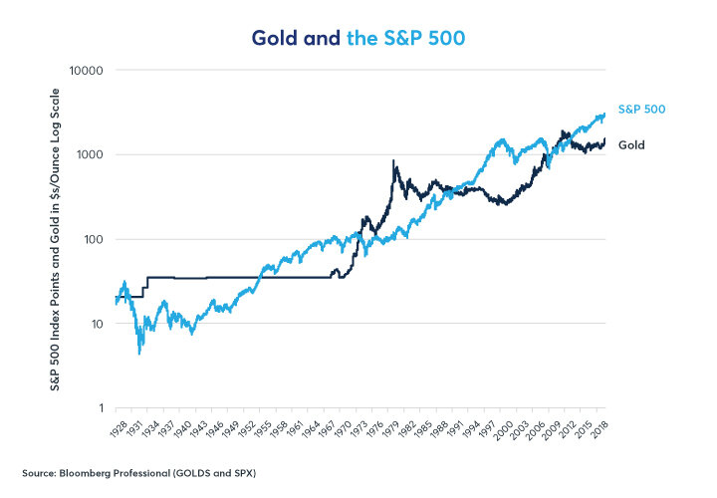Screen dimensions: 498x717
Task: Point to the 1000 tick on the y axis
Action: [93, 155]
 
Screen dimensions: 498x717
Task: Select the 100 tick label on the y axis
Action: [96, 240]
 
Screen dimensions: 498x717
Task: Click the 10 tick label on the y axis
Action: [99, 324]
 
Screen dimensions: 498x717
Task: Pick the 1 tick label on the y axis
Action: [102, 408]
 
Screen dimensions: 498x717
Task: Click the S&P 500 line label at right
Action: [641, 110]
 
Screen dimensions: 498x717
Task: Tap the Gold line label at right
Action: [631, 145]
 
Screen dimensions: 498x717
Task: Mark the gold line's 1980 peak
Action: [393, 161]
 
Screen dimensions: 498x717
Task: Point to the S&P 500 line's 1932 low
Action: [139, 353]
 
